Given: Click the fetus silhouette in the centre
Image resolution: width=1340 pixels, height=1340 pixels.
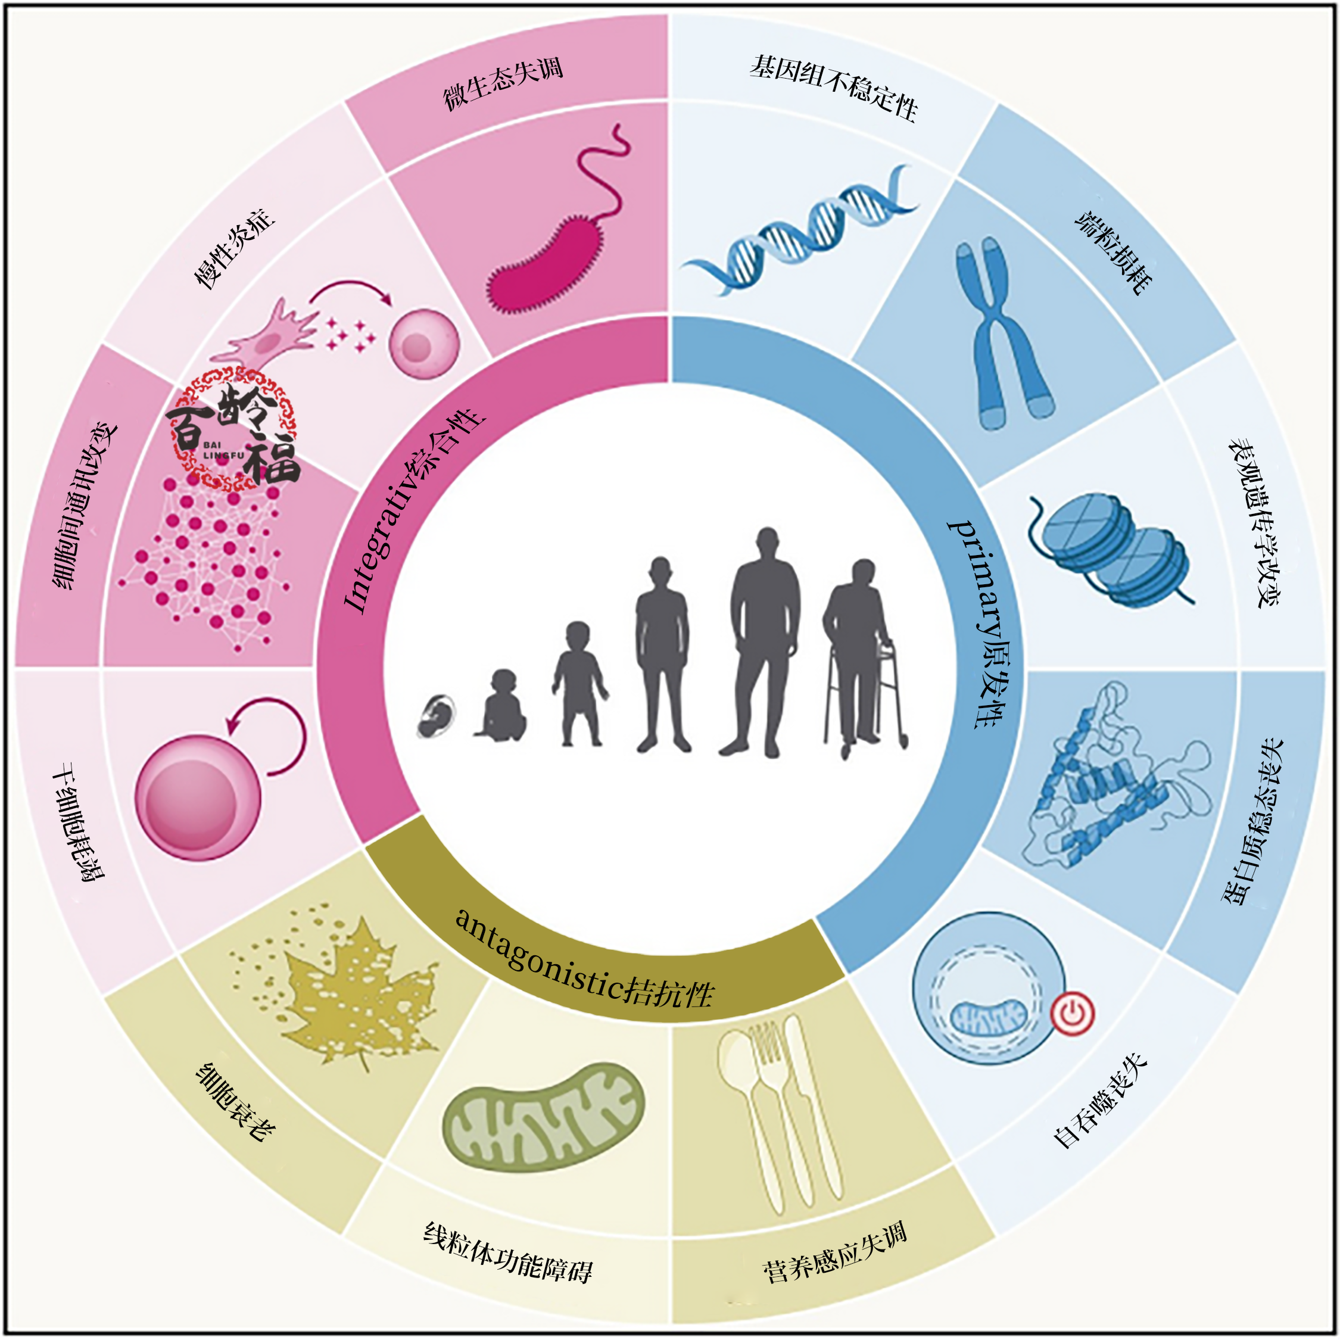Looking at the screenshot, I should click(x=437, y=716).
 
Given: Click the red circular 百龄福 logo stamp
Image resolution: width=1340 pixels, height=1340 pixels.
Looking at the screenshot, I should click(x=233, y=429).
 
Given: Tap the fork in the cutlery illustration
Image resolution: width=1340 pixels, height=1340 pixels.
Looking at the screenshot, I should click(x=770, y=1110).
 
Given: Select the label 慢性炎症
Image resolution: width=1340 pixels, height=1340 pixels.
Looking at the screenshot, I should click(x=233, y=248).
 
